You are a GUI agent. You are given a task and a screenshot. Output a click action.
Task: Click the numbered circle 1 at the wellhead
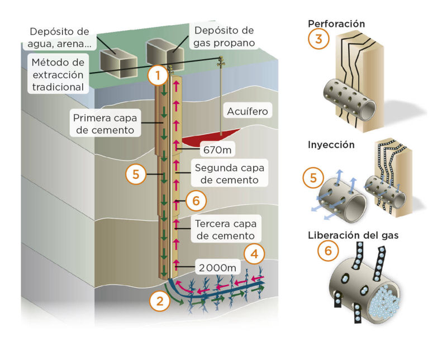click(x=158, y=75)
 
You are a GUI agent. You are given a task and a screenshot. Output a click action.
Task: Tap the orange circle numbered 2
click(x=160, y=301)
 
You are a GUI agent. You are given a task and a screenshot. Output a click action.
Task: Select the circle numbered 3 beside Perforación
click(x=318, y=39)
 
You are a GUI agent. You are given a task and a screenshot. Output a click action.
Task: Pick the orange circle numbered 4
click(x=254, y=254)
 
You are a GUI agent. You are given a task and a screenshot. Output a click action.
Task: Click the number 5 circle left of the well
click(x=136, y=174)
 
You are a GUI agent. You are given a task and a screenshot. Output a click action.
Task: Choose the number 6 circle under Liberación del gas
click(x=328, y=251)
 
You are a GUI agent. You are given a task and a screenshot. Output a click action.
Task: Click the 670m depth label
click(x=217, y=149)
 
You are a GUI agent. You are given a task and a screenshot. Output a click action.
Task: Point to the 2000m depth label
click(x=218, y=268)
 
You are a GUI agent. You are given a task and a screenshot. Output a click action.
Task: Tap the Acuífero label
click(x=248, y=111)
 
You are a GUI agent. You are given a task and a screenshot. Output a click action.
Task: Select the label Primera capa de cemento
click(x=105, y=124)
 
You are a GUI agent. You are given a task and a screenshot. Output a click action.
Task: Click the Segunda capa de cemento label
click(x=230, y=174)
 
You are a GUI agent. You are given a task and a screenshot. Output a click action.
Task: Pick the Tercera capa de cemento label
click(x=226, y=229)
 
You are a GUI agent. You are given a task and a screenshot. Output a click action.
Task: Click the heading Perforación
click(x=336, y=23)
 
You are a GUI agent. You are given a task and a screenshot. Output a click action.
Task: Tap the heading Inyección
click(x=331, y=145)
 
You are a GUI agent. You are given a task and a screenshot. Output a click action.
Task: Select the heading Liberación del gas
click(x=353, y=235)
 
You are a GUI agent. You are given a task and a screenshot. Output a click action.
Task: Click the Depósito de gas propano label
click(x=224, y=36)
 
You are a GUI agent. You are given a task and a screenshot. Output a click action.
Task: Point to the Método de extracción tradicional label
click(x=58, y=75)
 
